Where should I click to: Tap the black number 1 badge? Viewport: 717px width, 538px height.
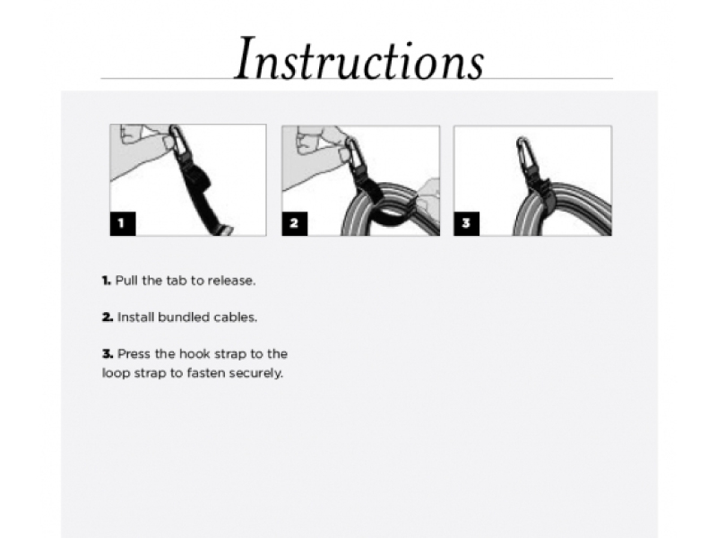click(123, 223)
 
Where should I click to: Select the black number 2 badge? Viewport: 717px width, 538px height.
click(295, 223)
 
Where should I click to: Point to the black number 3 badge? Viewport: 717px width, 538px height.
click(467, 223)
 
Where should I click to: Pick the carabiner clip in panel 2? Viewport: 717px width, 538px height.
click(352, 151)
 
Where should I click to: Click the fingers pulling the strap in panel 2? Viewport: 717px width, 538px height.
click(428, 192)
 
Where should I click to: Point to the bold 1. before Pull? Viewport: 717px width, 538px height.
click(107, 281)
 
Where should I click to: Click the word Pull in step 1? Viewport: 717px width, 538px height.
click(126, 281)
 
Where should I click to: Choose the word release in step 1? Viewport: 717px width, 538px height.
click(231, 281)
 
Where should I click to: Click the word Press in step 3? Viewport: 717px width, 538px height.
click(133, 354)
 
